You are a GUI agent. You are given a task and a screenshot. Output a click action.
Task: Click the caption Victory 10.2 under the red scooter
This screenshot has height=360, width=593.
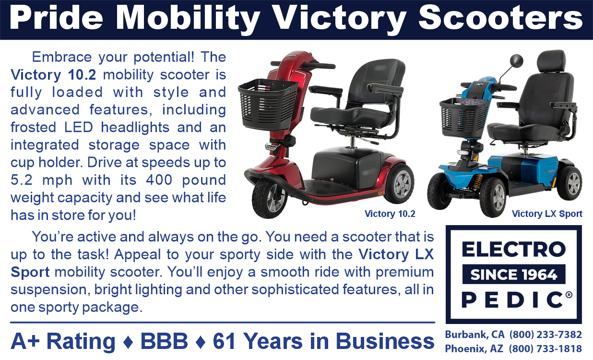[390, 214]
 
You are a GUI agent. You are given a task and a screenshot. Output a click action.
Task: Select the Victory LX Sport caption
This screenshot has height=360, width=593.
[547, 214]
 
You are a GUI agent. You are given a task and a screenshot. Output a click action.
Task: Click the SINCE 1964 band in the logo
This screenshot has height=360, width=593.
[513, 275]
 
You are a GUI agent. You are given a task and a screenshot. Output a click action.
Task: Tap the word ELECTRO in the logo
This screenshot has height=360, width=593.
[513, 250]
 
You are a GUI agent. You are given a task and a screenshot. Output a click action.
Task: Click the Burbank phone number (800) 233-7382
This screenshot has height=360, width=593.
[546, 335]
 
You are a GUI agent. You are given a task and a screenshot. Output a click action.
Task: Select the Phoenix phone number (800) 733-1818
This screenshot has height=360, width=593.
[546, 349]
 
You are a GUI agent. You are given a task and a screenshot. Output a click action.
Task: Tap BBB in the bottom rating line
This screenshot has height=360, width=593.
[164, 342]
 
